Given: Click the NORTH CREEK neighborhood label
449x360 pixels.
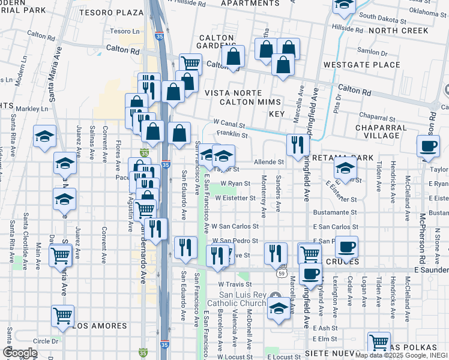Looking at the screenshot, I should pos(399,31).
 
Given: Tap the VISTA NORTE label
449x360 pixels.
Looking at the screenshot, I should pos(234,93).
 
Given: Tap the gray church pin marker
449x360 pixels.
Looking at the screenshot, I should pos(275,296).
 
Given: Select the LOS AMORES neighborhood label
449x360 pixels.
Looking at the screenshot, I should pos(100,326).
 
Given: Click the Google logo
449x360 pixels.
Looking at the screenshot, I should pos(20,352).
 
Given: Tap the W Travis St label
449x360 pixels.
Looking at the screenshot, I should pos(234,284).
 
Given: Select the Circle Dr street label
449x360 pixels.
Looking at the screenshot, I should pos(46,341).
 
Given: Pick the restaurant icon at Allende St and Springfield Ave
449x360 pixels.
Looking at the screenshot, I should pos(298,143).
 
